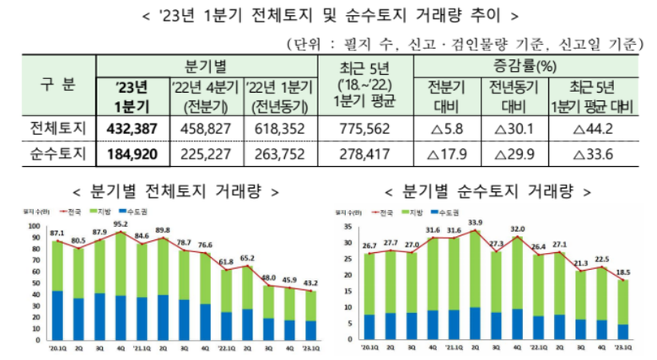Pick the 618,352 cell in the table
279,127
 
